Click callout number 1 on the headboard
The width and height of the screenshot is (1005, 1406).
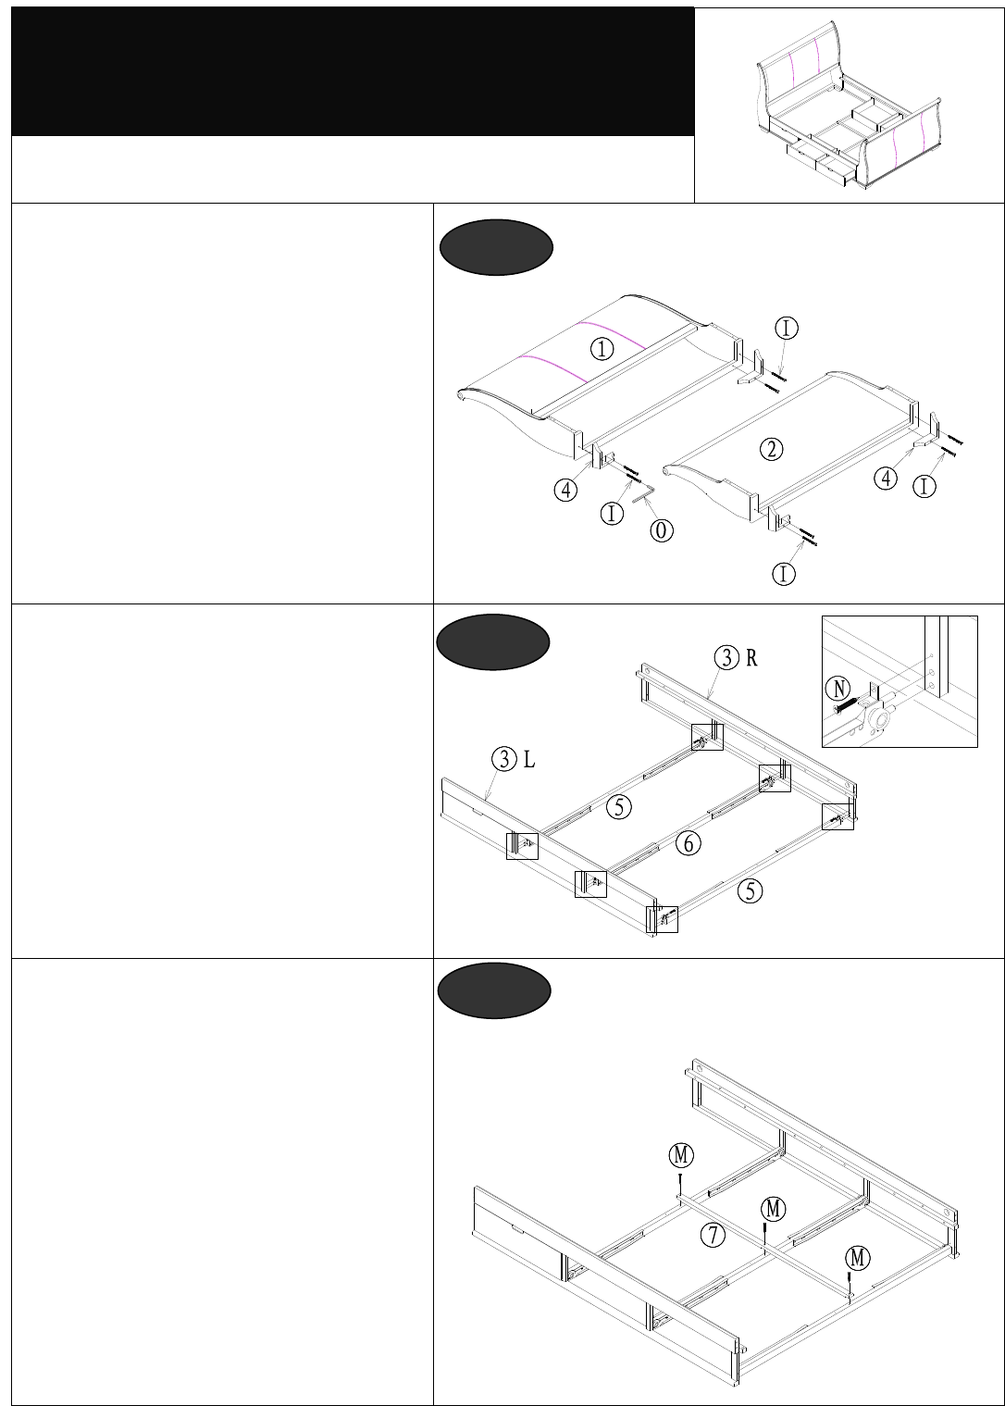coord(602,349)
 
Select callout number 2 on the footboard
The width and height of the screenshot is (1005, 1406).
coord(771,449)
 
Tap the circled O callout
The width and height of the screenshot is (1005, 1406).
coord(662,530)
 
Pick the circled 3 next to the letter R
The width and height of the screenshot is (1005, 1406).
coord(726,657)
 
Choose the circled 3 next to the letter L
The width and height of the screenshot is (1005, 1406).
coord(504,760)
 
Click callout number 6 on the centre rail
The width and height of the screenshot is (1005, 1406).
coord(688,842)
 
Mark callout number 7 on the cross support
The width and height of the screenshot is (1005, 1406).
coord(712,1234)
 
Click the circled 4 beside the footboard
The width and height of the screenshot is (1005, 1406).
coord(887,478)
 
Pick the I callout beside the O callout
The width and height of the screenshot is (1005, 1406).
coord(613,513)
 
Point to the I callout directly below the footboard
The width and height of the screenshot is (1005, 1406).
coord(784,574)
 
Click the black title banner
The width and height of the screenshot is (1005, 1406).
coord(353,71)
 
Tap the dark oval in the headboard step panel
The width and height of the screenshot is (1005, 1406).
coord(496,247)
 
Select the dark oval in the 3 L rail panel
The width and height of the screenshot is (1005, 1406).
coord(493,641)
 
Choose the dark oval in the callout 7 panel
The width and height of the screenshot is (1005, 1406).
coord(494,990)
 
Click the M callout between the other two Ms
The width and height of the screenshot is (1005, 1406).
coord(774,1209)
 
